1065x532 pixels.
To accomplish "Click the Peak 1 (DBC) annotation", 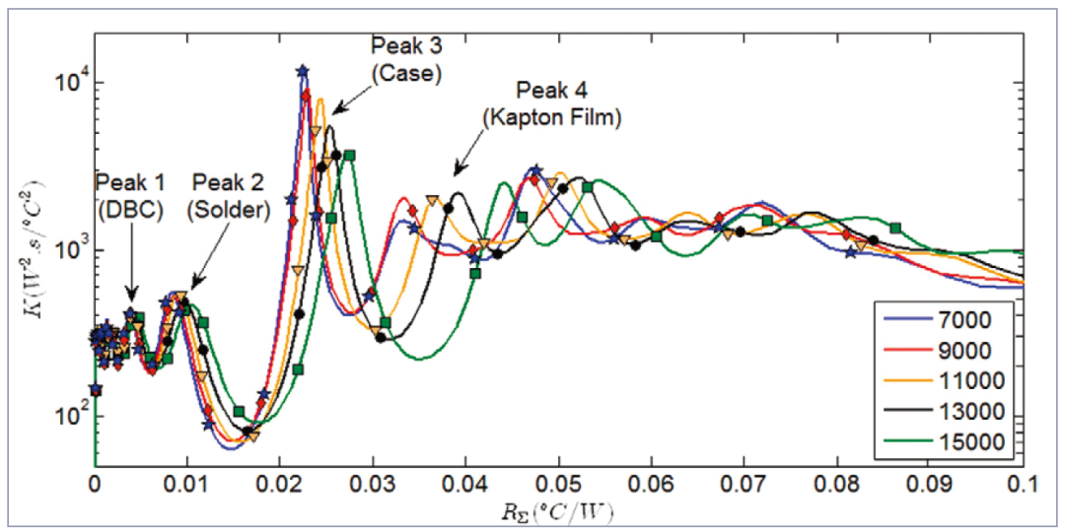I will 129,195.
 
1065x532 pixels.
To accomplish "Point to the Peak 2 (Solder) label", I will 230,195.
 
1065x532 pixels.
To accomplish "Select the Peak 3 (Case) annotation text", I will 406,59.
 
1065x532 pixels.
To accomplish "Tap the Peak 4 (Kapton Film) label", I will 551,104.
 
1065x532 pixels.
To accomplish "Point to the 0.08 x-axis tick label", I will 837,485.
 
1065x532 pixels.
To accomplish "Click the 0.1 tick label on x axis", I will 1022,485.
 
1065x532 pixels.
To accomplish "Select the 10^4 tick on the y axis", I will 64,83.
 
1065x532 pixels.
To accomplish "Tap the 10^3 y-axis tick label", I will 64,249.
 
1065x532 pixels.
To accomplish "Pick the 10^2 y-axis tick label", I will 64,416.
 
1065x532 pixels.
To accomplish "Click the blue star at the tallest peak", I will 303,71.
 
